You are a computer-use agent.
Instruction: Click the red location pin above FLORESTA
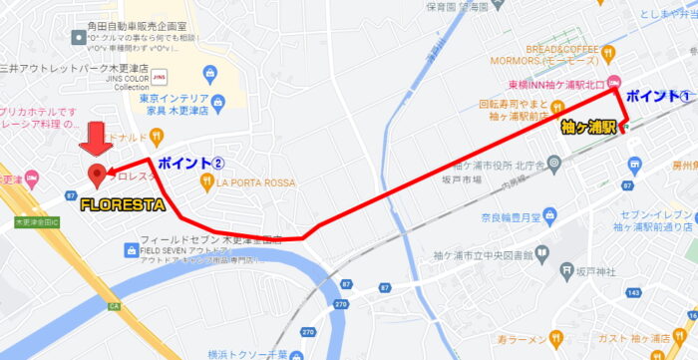[x=97, y=176]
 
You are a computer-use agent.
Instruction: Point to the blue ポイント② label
[x=191, y=163]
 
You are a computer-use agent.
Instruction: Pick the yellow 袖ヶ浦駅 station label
[x=588, y=128]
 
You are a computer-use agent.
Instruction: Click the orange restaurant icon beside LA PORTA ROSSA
[x=207, y=181]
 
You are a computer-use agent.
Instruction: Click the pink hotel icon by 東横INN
[x=614, y=84]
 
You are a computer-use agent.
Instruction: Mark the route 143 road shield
[x=634, y=293]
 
